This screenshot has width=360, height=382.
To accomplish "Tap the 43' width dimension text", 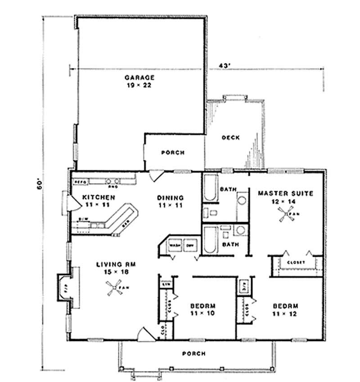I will [x=225, y=65].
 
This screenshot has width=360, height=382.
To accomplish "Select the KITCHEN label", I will [x=99, y=197].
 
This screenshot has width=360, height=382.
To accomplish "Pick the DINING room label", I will [x=170, y=197].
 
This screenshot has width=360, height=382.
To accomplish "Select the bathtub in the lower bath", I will [x=210, y=241].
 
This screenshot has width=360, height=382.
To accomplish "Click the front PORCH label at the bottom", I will [x=194, y=354].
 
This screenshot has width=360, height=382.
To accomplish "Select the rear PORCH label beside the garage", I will [x=173, y=153].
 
